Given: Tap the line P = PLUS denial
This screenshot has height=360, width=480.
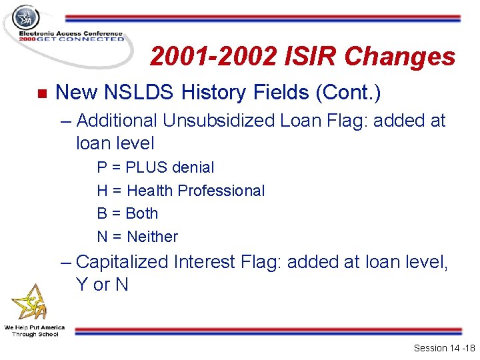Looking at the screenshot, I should [155, 167].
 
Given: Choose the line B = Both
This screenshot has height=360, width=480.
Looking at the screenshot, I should [127, 213].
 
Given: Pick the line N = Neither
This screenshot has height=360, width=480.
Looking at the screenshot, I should [137, 237].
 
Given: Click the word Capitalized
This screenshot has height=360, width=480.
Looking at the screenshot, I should [123, 262].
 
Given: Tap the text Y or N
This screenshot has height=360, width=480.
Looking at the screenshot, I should [102, 285].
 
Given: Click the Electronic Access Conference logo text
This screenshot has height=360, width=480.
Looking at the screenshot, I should [71, 35].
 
